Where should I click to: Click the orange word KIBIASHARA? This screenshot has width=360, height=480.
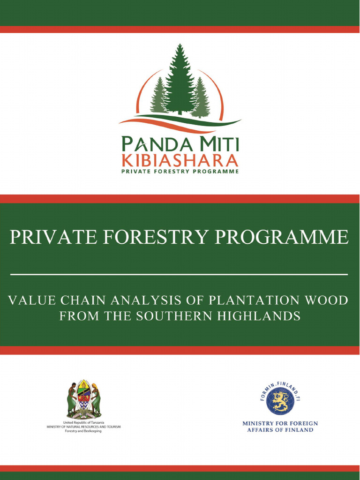pos(180,160)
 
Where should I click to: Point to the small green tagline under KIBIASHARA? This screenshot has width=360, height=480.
pos(180,172)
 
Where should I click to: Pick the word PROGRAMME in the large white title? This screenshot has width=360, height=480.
pos(282,237)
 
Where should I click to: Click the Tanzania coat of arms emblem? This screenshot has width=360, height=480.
pos(83,399)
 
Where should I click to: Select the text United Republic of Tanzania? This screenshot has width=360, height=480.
pos(83,422)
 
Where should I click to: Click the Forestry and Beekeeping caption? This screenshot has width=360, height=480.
pos(83,431)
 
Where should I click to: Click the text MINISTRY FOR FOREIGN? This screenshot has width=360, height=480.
pos(280,423)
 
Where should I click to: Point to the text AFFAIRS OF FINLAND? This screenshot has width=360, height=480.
pos(280,430)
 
